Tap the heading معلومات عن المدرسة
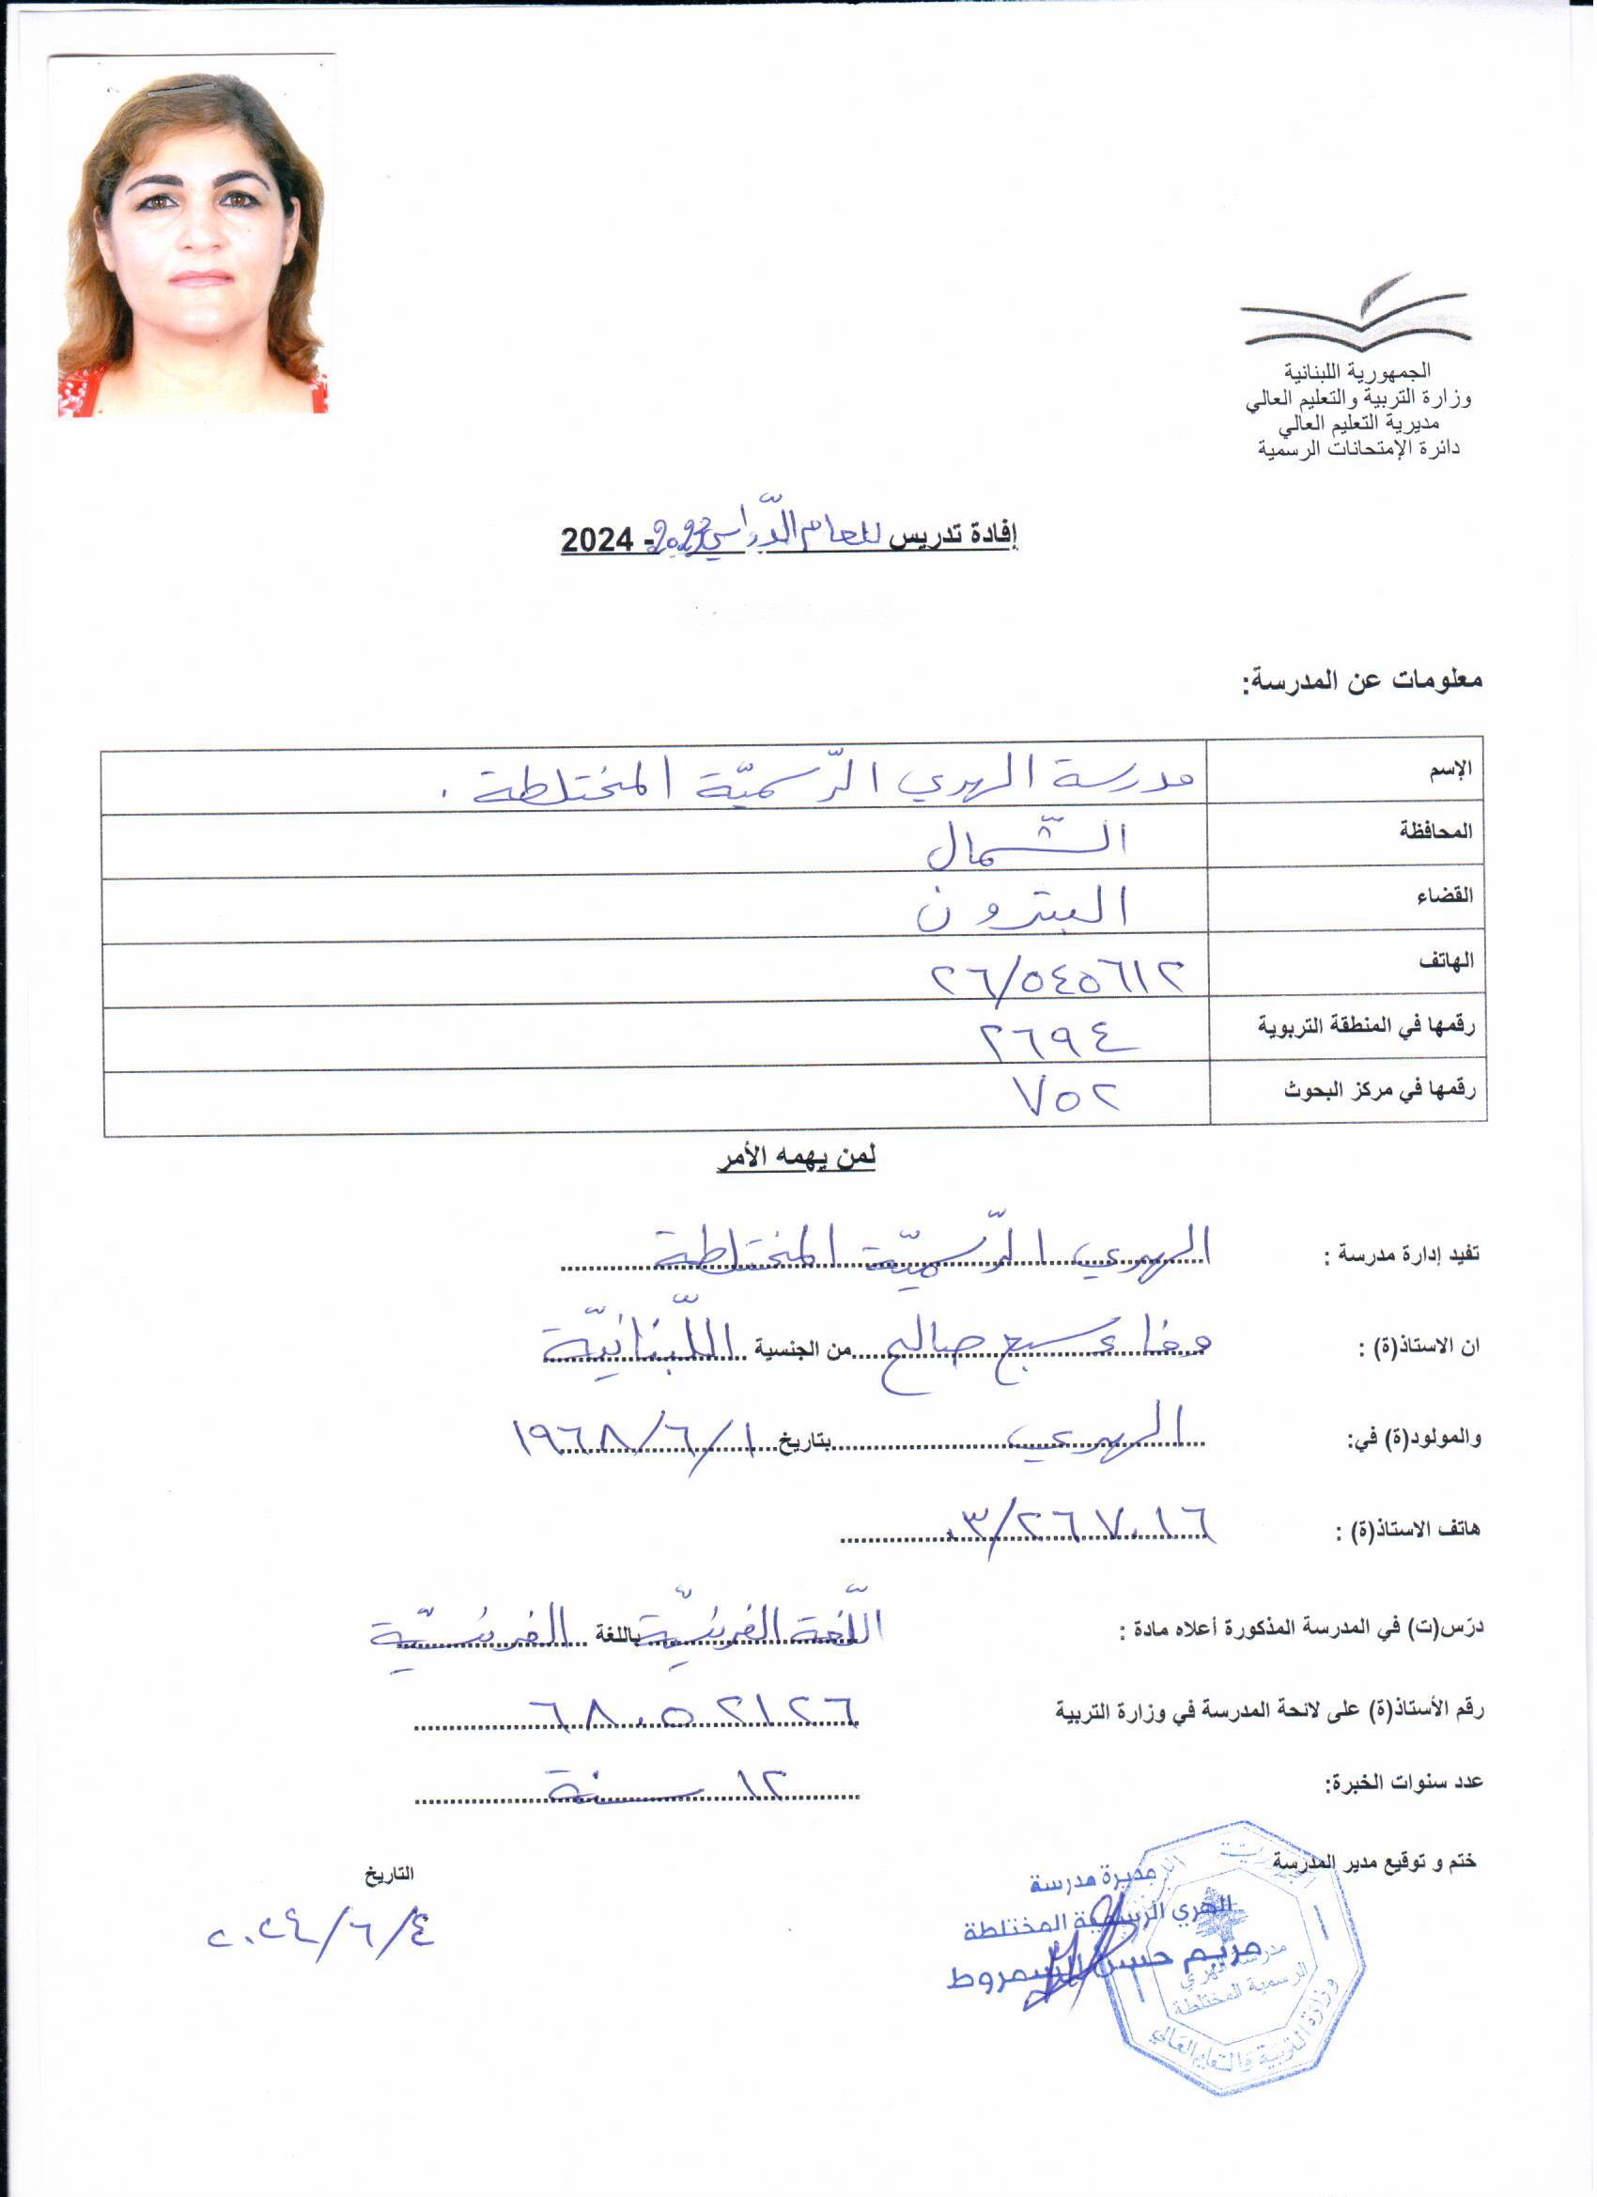pos(1365,681)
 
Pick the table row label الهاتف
pos(1447,962)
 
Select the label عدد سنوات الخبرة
pos(1404,1784)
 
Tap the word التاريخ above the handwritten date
pos(389,1875)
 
